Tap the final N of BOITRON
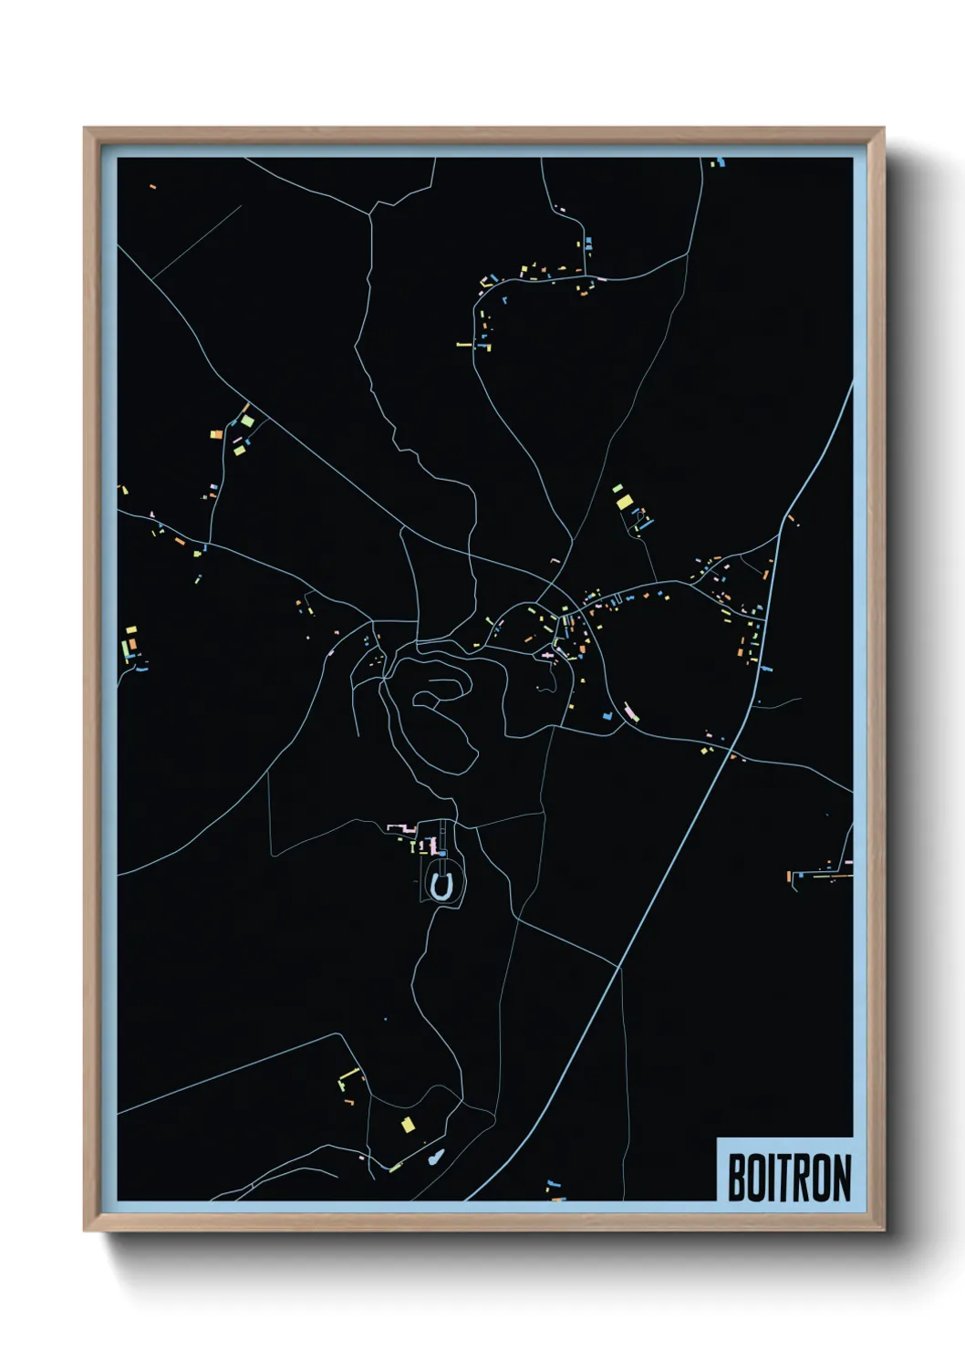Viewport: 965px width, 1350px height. [x=841, y=1179]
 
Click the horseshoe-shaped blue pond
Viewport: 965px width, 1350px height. [x=441, y=886]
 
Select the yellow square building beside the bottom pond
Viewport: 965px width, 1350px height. [x=408, y=1125]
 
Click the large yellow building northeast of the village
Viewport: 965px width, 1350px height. [x=624, y=501]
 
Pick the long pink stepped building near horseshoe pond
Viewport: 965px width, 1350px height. [x=401, y=828]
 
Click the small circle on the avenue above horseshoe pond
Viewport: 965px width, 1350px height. [x=443, y=853]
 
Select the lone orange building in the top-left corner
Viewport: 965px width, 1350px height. [x=152, y=187]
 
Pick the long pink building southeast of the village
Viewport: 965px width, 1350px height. [x=631, y=711]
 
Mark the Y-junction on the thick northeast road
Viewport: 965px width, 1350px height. [x=783, y=520]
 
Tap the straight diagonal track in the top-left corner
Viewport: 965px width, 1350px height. [x=196, y=242]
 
